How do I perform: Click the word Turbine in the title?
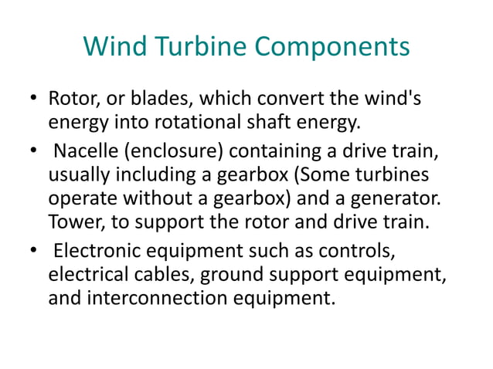point(192,48)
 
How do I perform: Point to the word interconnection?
point(151,296)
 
